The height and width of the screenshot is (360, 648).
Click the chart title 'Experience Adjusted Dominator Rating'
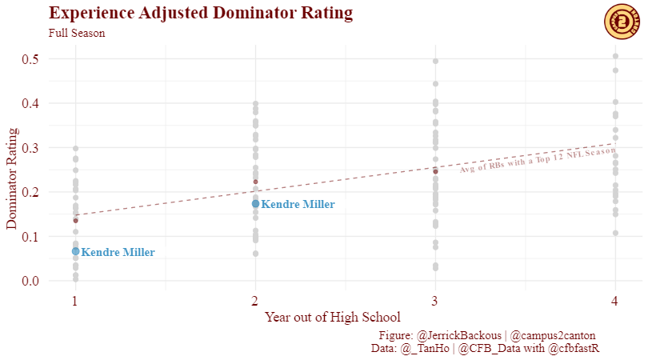coord(201,14)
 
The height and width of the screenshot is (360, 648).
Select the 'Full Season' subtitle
coord(77,34)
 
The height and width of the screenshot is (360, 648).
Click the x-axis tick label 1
coord(75,302)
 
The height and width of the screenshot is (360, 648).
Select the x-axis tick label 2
coord(255,302)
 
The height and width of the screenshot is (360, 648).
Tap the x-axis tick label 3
coord(435,302)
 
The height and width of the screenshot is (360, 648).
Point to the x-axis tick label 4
coord(615,302)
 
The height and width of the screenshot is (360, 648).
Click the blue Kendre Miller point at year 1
coord(75,251)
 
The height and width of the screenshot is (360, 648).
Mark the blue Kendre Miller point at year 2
coord(255,204)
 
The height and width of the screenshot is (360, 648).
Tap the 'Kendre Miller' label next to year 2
coord(298,205)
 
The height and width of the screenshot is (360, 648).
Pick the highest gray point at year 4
coord(615,56)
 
